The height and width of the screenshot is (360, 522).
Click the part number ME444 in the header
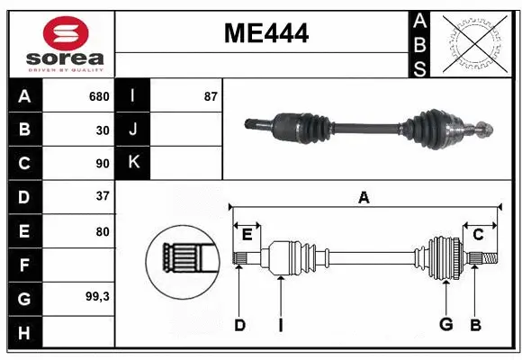click(x=265, y=34)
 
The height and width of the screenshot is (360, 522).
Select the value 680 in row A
click(x=98, y=96)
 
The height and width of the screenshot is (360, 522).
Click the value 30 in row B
click(x=102, y=130)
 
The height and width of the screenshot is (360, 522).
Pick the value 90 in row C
click(x=102, y=164)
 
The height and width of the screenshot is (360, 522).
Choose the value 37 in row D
click(x=102, y=196)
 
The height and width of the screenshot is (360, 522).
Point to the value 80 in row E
click(x=102, y=231)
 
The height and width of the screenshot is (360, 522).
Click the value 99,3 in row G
click(x=96, y=296)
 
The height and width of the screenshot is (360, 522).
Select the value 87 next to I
click(x=211, y=96)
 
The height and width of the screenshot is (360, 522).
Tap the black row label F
click(x=24, y=265)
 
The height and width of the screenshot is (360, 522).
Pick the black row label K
click(x=133, y=163)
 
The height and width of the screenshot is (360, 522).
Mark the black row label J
click(x=133, y=130)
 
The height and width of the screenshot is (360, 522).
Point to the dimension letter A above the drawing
click(x=364, y=198)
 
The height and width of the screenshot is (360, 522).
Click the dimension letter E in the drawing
click(x=247, y=235)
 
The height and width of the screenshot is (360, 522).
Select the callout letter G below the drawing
click(x=445, y=324)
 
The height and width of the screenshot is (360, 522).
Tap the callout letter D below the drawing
click(x=239, y=324)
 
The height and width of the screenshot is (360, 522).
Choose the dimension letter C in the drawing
click(x=478, y=235)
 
